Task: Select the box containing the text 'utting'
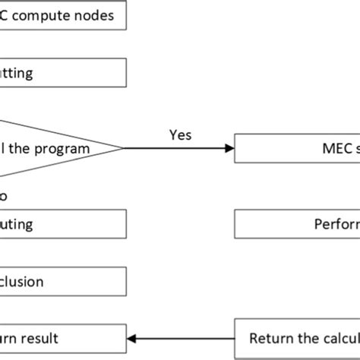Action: click(61, 74)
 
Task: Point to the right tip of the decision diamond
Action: click(122, 148)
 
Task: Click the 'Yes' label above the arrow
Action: click(179, 134)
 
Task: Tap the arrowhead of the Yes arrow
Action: click(230, 148)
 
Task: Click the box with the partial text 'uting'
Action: click(61, 224)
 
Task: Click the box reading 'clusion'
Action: click(61, 282)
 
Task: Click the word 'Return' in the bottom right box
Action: click(269, 338)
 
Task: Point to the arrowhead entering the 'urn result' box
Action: click(131, 338)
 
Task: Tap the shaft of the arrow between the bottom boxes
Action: click(182, 338)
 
